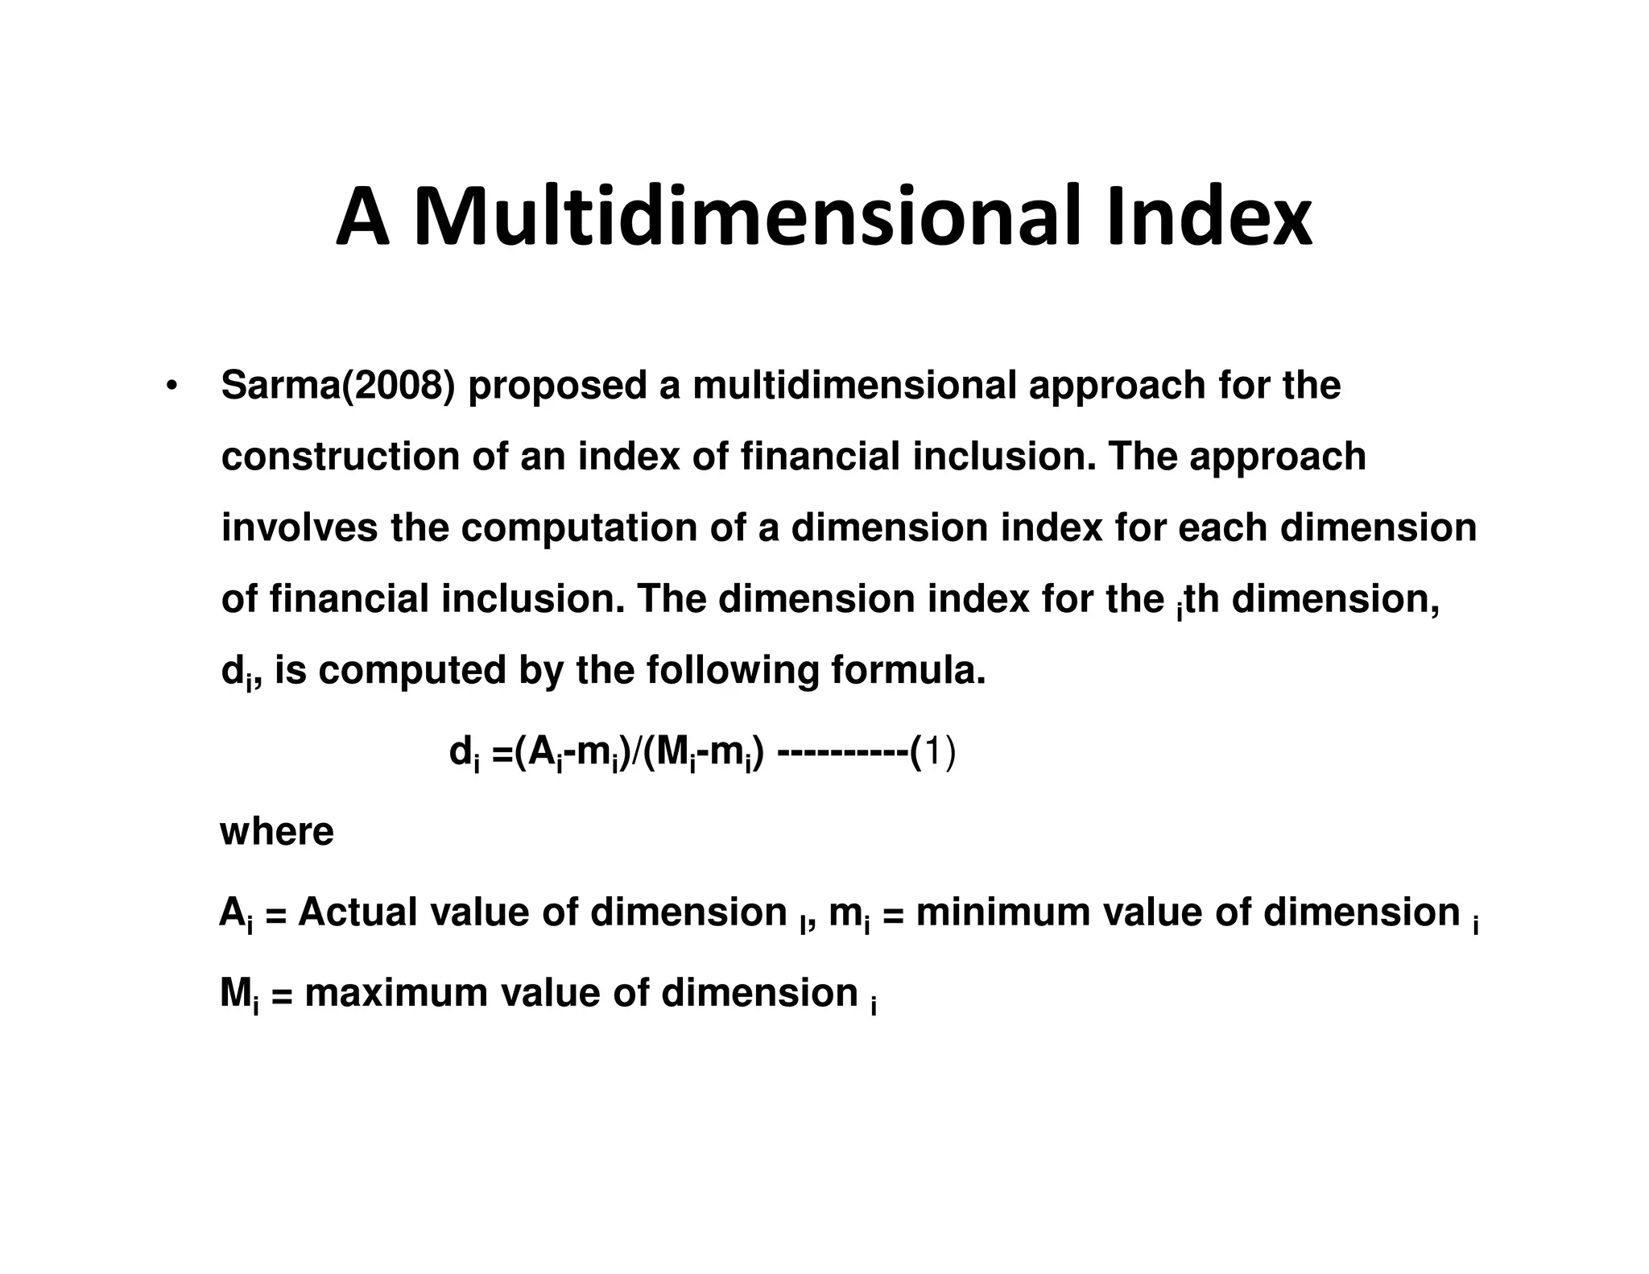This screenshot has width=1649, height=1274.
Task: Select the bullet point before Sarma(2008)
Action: pos(171,386)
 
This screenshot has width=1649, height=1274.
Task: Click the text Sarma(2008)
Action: pos(337,386)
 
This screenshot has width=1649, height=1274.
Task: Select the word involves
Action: pos(299,528)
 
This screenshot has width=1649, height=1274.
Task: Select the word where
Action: pos(276,832)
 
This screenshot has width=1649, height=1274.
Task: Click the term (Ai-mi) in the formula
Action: pos(571,755)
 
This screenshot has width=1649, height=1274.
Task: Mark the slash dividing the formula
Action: pos(638,755)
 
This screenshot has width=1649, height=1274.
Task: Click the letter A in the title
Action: pos(363,217)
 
